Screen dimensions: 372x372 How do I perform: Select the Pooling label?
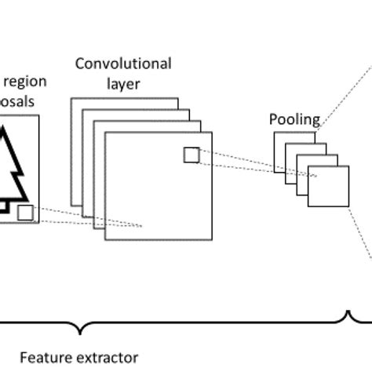(294, 120)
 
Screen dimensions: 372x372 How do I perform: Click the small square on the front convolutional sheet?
(191, 155)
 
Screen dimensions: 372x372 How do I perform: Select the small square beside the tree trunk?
(25, 212)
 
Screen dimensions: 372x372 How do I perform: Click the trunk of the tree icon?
(4, 206)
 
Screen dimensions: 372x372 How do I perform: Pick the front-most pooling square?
(327, 186)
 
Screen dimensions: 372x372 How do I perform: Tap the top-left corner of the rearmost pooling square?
(275, 133)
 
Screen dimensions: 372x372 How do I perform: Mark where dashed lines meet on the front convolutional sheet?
(142, 226)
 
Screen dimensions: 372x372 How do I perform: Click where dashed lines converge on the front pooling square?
(315, 177)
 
